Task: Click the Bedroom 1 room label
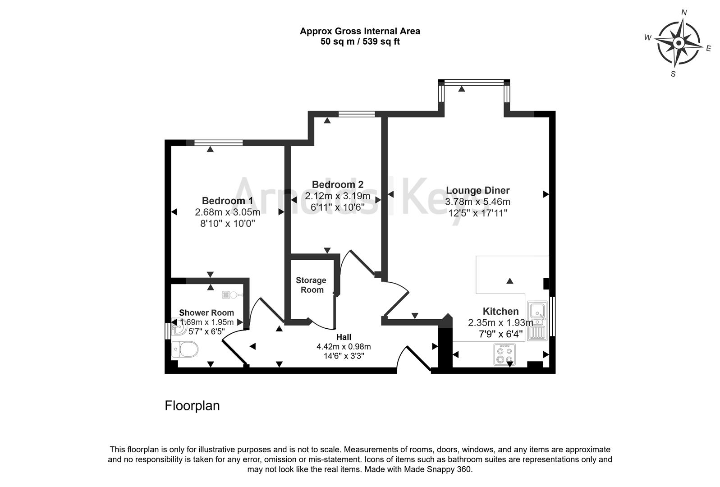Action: (x=227, y=201)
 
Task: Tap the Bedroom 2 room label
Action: (x=337, y=184)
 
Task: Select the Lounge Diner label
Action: (x=477, y=190)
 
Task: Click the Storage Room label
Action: (x=311, y=285)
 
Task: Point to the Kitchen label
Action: (x=500, y=311)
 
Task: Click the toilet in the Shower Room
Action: (x=185, y=349)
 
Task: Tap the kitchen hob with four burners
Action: (x=504, y=354)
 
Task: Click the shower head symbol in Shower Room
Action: (x=233, y=295)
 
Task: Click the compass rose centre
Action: (x=678, y=43)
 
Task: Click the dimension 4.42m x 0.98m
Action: (x=344, y=346)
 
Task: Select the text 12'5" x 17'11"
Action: (x=477, y=213)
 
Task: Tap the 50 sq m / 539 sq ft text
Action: (x=360, y=42)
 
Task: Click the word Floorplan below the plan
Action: (x=192, y=406)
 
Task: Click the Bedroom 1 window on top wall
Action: (x=218, y=142)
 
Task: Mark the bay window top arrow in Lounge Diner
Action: (x=462, y=89)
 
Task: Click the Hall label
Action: (x=344, y=337)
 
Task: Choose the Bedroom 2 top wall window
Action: (x=357, y=114)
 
